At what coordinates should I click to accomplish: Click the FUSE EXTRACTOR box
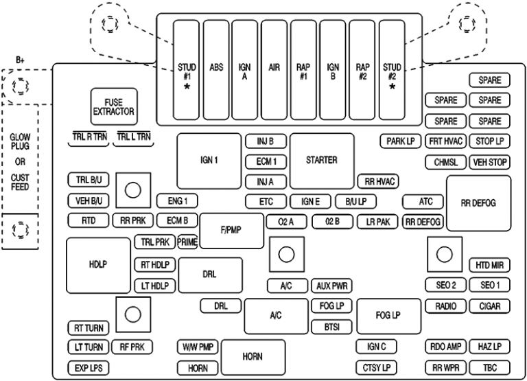114,106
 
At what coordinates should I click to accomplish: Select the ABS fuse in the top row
215,69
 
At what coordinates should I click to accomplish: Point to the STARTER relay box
321,161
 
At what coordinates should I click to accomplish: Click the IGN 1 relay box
209,161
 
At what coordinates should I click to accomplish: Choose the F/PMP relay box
232,231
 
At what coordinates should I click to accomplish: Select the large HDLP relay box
98,264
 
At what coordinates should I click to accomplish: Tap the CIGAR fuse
489,306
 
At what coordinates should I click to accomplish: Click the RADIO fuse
445,306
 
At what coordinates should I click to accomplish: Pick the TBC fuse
489,368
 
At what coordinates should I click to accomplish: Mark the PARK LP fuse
400,142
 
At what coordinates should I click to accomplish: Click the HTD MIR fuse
489,265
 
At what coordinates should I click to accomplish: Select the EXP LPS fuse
88,369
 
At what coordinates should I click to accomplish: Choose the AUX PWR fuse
331,286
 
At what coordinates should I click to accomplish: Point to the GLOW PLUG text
20,142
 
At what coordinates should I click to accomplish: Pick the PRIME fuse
187,242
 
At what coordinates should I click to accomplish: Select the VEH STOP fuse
489,163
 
